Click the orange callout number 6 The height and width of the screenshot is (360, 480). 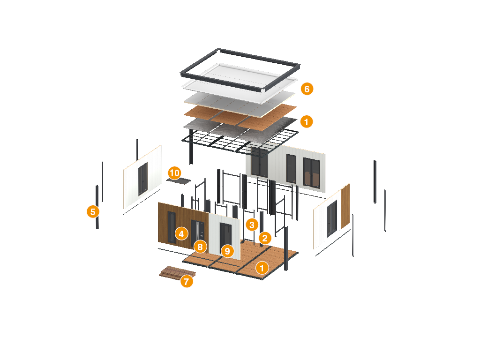[307, 89]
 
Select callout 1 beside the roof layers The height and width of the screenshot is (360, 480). [307, 122]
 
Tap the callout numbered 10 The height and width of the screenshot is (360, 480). [174, 173]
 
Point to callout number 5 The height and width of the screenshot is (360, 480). [93, 211]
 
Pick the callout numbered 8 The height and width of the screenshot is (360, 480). [200, 246]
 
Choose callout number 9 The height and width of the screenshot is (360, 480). [227, 251]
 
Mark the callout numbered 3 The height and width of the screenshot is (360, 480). [252, 225]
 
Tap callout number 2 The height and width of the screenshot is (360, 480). [265, 238]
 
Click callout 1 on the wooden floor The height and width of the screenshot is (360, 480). [262, 268]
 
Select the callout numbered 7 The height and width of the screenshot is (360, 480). [187, 281]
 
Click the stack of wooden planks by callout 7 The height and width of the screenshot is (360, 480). [175, 272]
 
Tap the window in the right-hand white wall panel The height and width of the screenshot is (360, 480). [332, 219]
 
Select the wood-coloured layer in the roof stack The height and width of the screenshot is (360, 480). [239, 114]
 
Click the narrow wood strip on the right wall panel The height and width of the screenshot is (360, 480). [345, 206]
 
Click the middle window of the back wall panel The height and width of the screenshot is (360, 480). [291, 169]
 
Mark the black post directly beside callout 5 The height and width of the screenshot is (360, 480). [97, 206]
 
